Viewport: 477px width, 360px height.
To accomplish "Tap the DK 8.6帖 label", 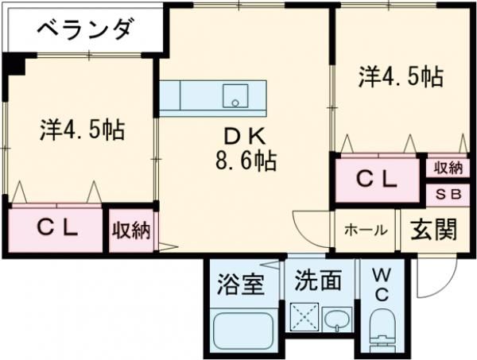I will (x=243, y=149).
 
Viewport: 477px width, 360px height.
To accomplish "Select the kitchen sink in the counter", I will (x=235, y=96).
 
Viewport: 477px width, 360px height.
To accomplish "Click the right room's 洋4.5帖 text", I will (x=400, y=77).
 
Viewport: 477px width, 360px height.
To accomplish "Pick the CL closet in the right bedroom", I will (x=375, y=180).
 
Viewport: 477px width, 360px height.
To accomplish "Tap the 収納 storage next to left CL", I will (x=130, y=230).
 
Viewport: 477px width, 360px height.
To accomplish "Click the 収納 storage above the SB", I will (x=448, y=168).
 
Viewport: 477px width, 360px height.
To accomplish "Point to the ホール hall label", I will (x=366, y=230).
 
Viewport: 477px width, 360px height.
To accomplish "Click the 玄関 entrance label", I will (x=434, y=230).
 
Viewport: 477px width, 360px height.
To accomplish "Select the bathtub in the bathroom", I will (x=243, y=331).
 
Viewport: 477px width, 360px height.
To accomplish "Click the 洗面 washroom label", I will (x=318, y=281).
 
